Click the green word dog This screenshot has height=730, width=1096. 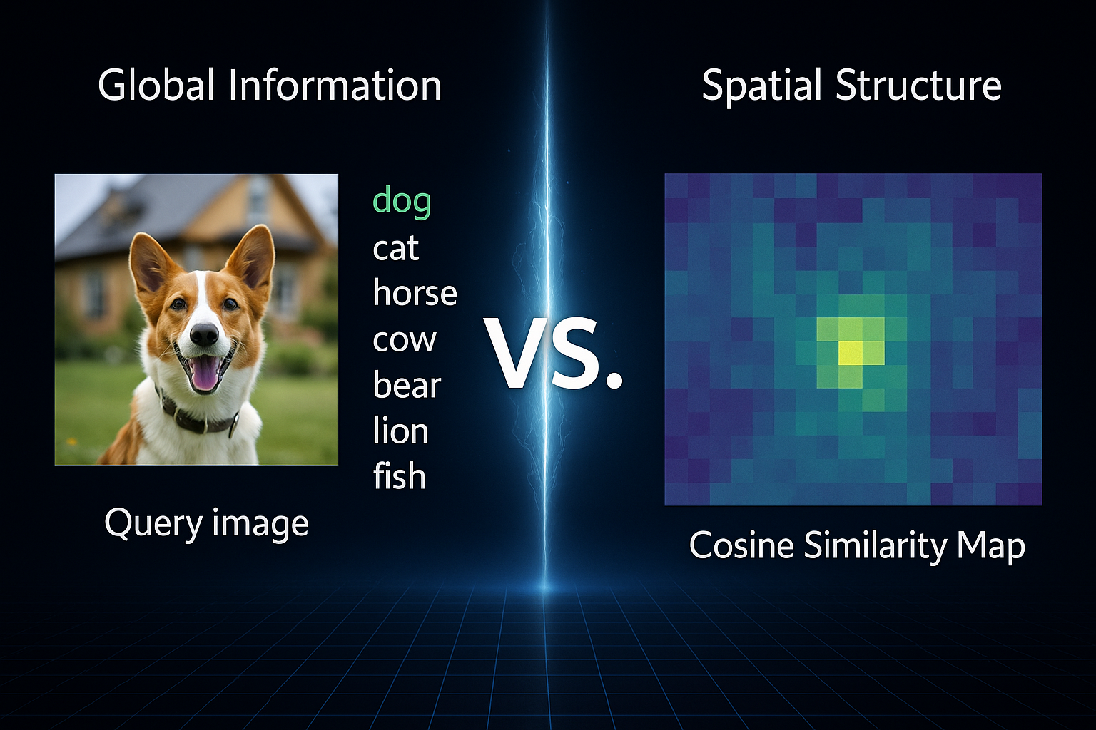402,201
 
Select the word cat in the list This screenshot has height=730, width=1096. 396,247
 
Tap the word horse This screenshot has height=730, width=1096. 415,292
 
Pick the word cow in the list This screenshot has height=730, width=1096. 404,339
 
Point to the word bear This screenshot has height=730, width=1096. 407,384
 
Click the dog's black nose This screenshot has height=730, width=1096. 204,334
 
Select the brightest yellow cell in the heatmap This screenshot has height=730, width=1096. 851,353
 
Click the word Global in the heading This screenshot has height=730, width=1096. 156,85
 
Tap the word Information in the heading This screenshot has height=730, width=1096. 335,85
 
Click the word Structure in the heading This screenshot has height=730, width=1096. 918,85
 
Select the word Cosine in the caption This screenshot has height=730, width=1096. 741,545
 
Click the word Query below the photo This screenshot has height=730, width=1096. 154,524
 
